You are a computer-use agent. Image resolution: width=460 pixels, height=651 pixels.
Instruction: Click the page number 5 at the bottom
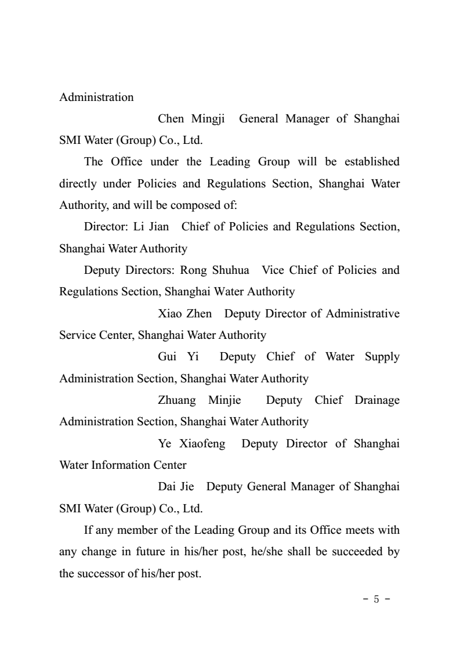[x=376, y=599]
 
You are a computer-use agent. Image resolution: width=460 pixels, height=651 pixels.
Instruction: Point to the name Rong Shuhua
[x=215, y=270]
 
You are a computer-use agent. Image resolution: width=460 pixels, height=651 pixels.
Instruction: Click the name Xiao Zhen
[x=184, y=313]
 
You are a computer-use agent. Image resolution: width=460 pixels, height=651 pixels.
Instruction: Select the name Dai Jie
[x=176, y=486]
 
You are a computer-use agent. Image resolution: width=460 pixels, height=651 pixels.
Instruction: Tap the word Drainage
[x=375, y=400]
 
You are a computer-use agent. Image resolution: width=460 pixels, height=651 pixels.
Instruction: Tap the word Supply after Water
[x=382, y=356]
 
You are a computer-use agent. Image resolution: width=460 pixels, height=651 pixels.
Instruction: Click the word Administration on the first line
[x=96, y=97]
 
